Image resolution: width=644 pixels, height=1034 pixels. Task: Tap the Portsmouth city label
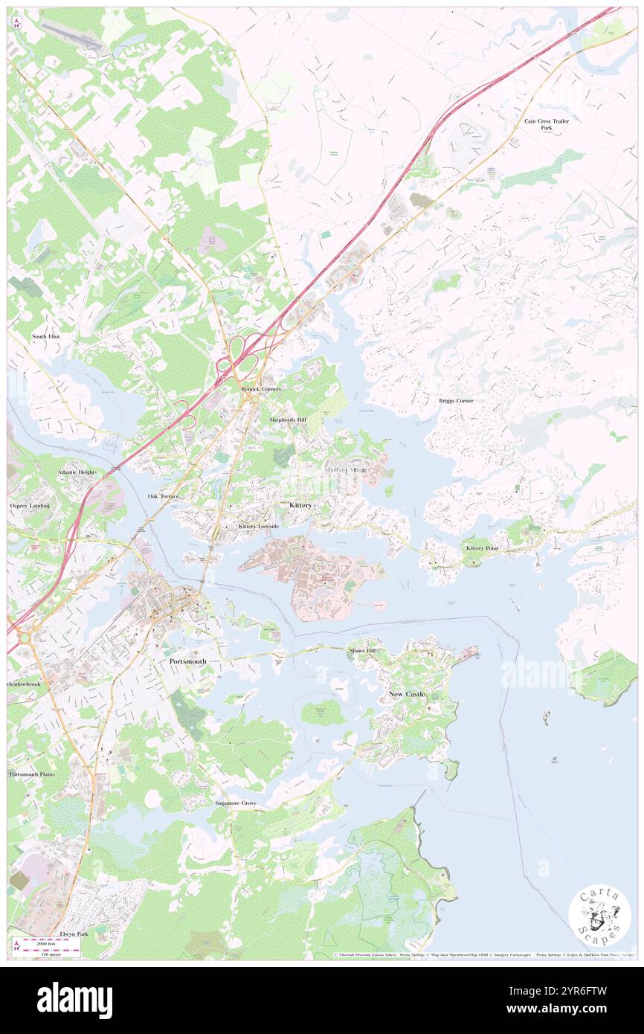click(187, 661)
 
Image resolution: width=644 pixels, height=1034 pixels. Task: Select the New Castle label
click(407, 694)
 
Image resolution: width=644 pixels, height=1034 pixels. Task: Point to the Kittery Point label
click(482, 547)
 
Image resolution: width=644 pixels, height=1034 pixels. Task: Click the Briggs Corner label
click(456, 401)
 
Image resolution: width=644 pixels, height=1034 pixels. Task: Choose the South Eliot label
click(45, 336)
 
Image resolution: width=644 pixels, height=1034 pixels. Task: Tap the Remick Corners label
click(260, 389)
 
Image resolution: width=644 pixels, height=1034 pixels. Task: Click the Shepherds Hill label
click(287, 420)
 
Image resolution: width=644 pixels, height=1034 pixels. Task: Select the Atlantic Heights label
click(78, 472)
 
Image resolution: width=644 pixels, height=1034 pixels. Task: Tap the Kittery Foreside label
click(259, 526)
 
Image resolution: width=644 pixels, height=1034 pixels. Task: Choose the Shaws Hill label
click(364, 650)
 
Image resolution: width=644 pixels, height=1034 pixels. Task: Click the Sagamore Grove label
click(236, 803)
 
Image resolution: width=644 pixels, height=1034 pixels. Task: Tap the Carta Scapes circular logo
click(599, 917)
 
